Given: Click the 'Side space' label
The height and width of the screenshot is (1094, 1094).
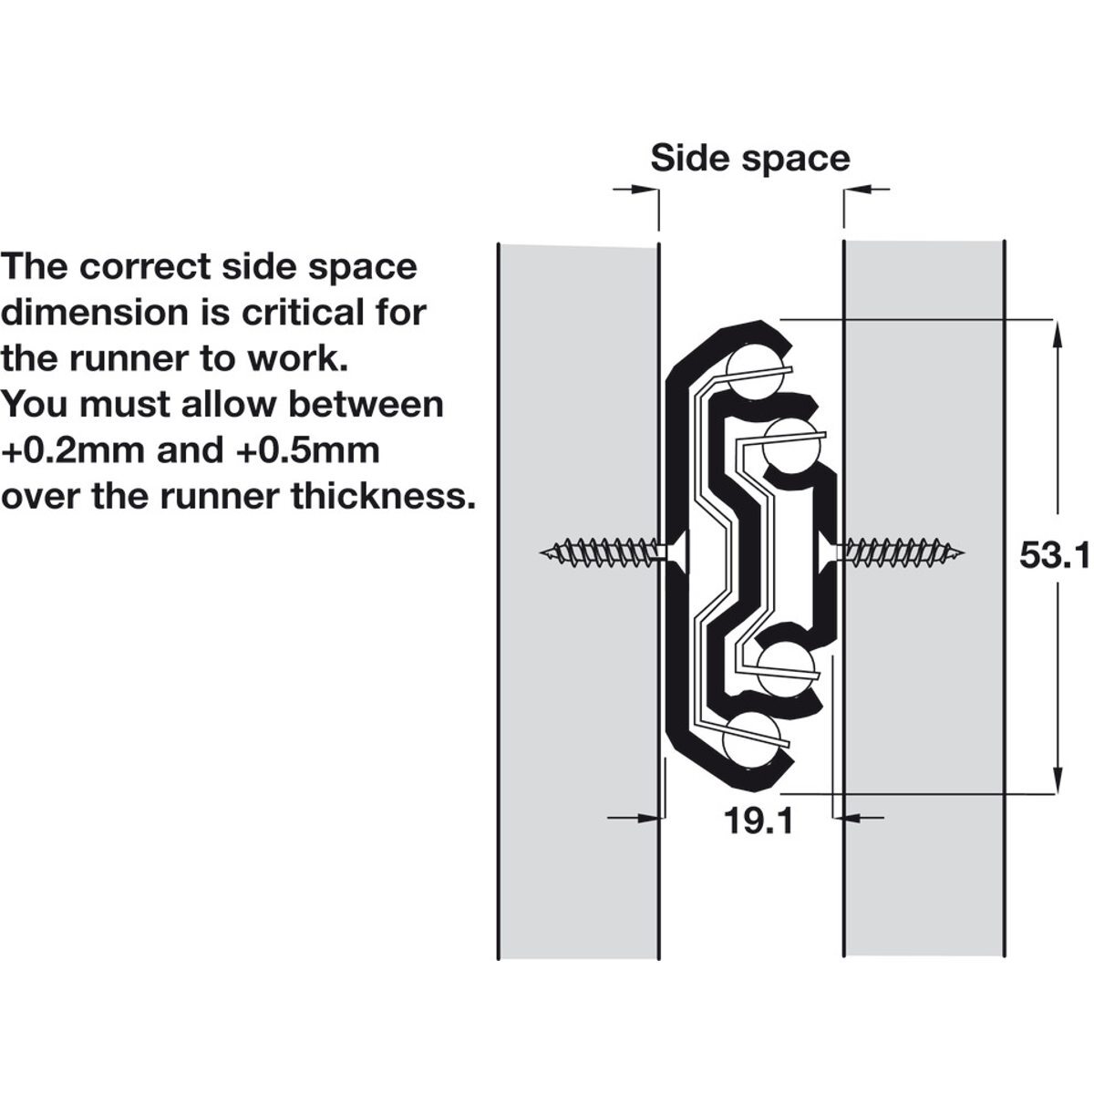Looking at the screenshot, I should coord(749,158).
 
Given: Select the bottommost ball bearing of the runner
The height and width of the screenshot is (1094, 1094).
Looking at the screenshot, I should coord(750,738).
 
